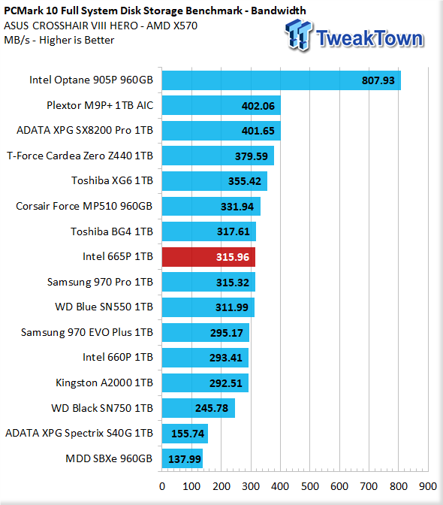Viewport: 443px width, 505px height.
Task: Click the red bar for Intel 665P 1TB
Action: click(209, 257)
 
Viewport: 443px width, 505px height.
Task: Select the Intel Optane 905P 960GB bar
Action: click(282, 80)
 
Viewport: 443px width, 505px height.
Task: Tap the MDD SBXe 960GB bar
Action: click(182, 458)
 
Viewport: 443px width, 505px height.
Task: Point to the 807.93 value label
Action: click(378, 80)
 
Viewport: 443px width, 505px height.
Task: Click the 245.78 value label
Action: click(212, 408)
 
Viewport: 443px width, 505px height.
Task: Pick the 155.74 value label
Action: click(188, 434)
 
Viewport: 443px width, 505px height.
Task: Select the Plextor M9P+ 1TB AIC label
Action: click(100, 105)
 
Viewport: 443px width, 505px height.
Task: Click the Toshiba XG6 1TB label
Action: click(113, 180)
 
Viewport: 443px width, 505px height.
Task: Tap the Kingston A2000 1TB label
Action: click(104, 383)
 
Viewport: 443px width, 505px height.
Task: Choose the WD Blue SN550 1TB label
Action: click(104, 307)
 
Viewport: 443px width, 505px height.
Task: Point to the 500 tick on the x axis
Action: click(310, 486)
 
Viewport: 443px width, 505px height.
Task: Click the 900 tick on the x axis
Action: click(428, 486)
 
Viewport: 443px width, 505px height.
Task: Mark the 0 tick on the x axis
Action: click(162, 486)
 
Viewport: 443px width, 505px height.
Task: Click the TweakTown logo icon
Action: click(299, 35)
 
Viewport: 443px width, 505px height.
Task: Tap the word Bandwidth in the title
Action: click(279, 11)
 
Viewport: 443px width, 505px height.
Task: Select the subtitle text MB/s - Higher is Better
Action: click(59, 40)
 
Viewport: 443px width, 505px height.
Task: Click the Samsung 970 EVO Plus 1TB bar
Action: click(206, 332)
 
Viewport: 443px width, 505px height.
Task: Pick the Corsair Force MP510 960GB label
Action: click(84, 206)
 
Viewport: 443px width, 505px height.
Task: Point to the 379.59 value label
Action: click(252, 156)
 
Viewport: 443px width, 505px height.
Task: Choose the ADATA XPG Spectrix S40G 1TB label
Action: click(79, 433)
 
